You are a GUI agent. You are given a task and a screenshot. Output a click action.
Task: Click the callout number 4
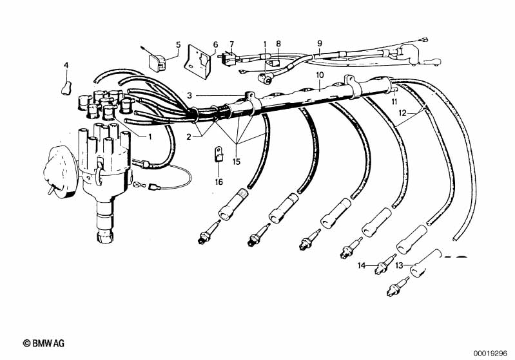(66, 66)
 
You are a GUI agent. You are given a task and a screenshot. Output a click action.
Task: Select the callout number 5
(179, 44)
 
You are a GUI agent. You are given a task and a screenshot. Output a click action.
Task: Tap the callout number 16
(219, 182)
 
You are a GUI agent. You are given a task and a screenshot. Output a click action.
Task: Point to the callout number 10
(320, 75)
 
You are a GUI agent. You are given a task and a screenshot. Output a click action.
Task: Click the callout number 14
(362, 265)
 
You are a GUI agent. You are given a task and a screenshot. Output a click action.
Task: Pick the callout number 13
(399, 265)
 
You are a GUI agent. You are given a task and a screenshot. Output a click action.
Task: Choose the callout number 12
(403, 113)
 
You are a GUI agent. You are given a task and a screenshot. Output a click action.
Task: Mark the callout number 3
(189, 96)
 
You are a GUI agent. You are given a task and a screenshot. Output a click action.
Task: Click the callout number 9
(320, 44)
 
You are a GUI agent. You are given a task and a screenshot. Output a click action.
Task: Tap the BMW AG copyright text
(44, 343)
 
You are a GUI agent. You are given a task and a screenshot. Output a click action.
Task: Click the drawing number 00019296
(491, 354)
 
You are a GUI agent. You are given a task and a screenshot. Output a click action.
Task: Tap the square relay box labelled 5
(157, 62)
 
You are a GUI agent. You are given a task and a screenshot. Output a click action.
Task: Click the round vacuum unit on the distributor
(61, 171)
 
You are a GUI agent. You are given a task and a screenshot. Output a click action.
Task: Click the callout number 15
(237, 162)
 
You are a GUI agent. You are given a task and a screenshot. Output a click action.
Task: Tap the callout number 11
(394, 102)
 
